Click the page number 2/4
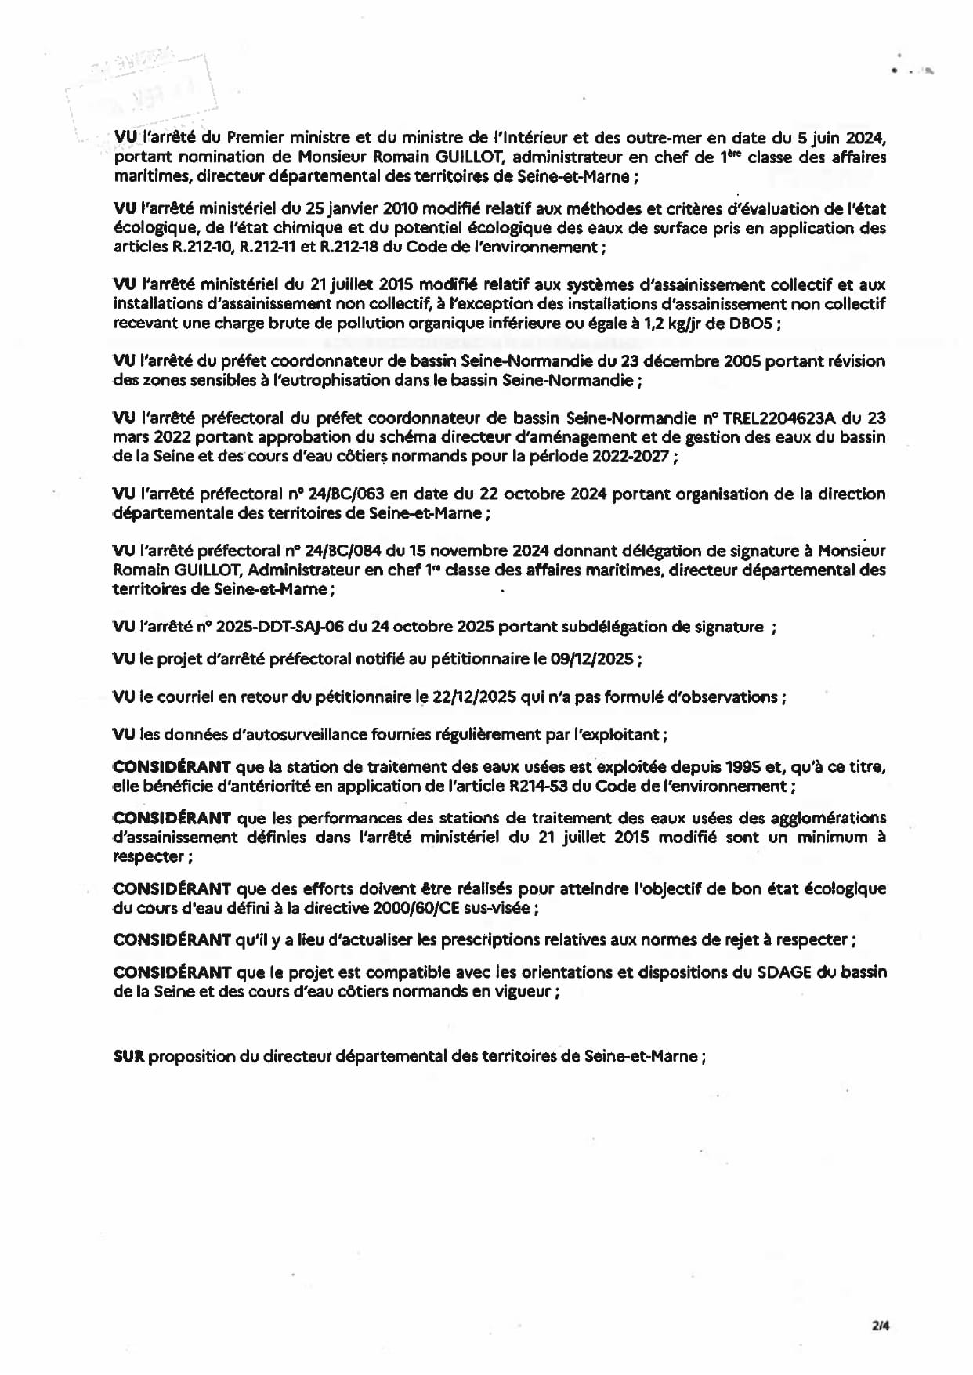(880, 1326)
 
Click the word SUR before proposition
(129, 1056)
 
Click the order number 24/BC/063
(349, 494)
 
